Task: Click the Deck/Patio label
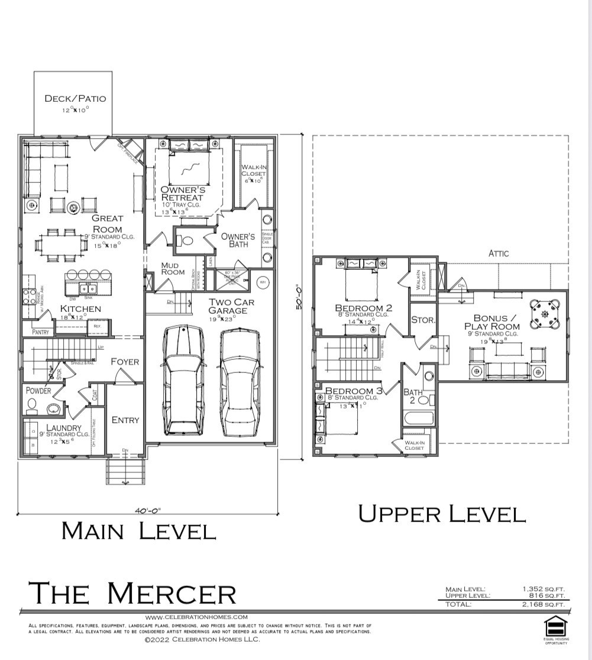tap(75, 98)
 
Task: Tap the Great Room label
tap(107, 224)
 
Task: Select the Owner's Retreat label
tap(182, 194)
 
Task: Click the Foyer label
tap(125, 362)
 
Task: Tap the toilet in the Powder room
tap(32, 405)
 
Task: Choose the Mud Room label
tap(173, 269)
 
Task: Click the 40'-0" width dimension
tap(147, 510)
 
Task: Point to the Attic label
tap(498, 253)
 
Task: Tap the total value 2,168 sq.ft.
tap(544, 604)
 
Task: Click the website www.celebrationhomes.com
tap(192, 617)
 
